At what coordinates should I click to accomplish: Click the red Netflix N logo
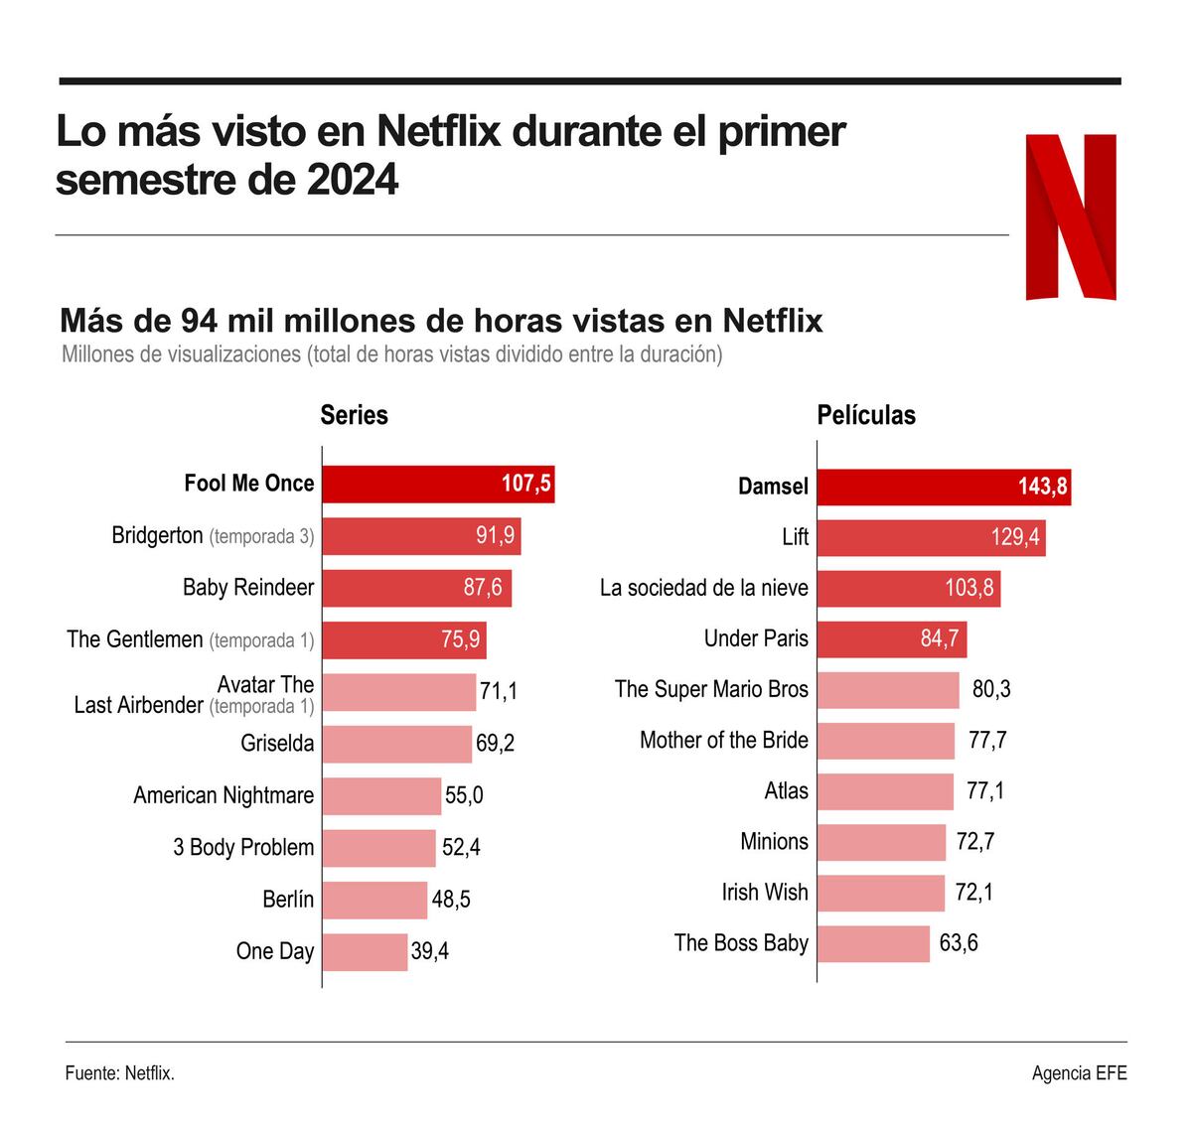[x=1071, y=216]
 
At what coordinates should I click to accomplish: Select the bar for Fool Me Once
[x=437, y=485]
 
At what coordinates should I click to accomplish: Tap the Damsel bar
[x=943, y=487]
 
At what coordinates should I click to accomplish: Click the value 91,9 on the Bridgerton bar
[x=495, y=536]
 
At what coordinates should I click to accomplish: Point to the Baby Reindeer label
[x=247, y=588]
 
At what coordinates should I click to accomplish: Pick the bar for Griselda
[x=396, y=744]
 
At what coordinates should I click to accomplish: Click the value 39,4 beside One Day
[x=429, y=951]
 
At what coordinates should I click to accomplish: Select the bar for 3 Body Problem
[x=378, y=848]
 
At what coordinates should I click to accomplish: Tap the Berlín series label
[x=287, y=900]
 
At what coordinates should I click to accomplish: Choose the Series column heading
[x=354, y=415]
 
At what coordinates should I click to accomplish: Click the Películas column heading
[x=866, y=415]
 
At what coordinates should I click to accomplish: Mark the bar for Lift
[x=930, y=537]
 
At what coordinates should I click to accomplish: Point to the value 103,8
[x=968, y=588]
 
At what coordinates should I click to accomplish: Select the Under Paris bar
[x=891, y=638]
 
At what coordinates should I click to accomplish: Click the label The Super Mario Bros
[x=711, y=689]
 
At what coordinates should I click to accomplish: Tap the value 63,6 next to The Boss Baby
[x=959, y=942]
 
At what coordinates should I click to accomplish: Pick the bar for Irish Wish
[x=880, y=893]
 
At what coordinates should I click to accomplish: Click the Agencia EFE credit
[x=1079, y=1073]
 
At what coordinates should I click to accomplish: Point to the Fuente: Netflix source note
[x=120, y=1073]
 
